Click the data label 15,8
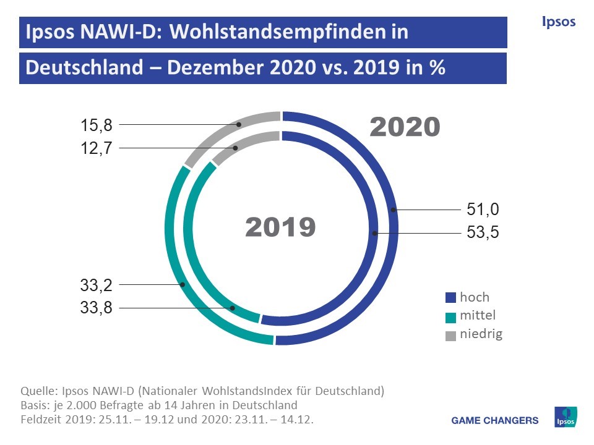point(96,125)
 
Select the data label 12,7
point(96,148)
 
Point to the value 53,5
point(483,233)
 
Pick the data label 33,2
point(96,285)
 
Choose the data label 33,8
point(96,308)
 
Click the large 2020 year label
point(405,127)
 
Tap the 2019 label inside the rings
point(280,227)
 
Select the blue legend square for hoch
point(450,298)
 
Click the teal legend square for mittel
point(450,316)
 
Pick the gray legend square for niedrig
point(450,336)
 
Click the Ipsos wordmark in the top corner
point(558,22)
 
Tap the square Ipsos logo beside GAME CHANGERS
point(566,417)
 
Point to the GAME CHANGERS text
point(495,421)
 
